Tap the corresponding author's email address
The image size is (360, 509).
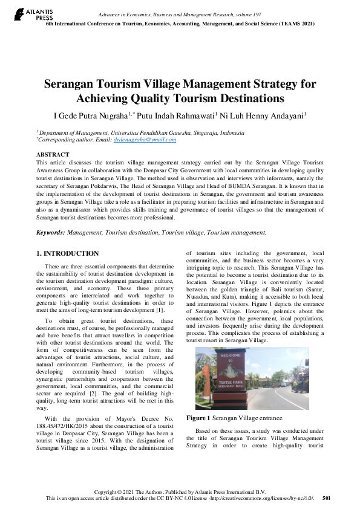click(x=145, y=140)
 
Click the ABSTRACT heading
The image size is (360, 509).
click(x=53, y=155)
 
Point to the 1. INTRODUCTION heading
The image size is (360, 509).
click(x=68, y=254)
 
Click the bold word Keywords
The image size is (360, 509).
click(x=50, y=232)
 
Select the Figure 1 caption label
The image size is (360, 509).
click(x=198, y=418)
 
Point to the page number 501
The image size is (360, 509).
click(x=327, y=499)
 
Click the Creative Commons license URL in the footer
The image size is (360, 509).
click(x=272, y=499)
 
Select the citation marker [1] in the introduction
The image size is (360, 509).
click(x=159, y=310)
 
